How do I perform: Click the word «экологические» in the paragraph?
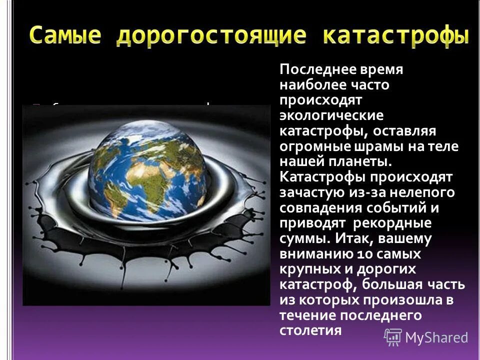coord(331,115)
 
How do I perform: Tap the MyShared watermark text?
coord(436,338)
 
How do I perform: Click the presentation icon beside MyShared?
coord(392,337)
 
